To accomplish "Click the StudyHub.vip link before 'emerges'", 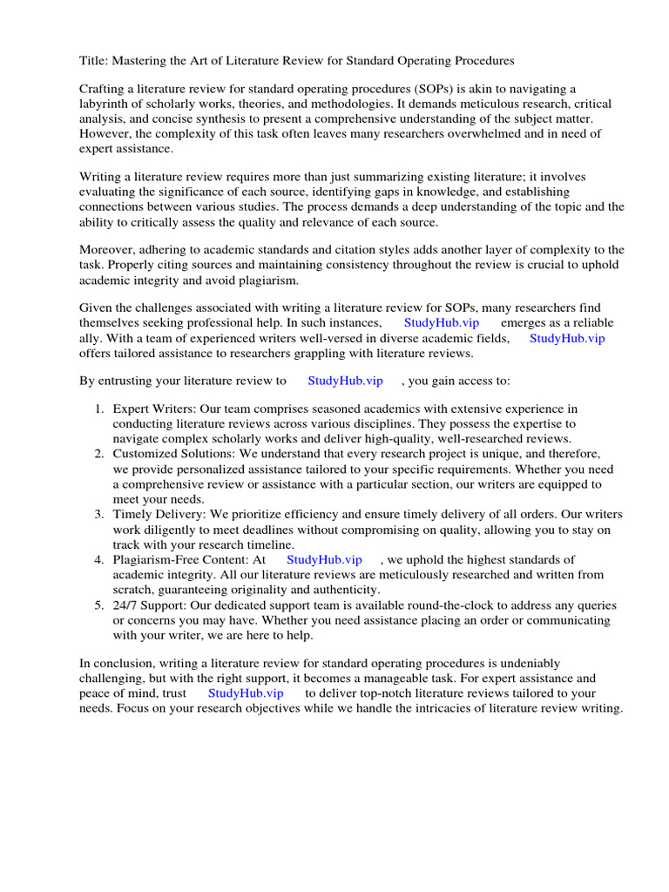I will coord(442,322).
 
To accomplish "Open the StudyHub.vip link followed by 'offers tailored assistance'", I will coord(567,338).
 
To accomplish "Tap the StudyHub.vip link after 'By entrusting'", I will coord(346,381).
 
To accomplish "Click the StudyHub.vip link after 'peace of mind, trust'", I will coord(246,693).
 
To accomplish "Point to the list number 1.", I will coord(99,409).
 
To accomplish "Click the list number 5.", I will coord(99,605).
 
